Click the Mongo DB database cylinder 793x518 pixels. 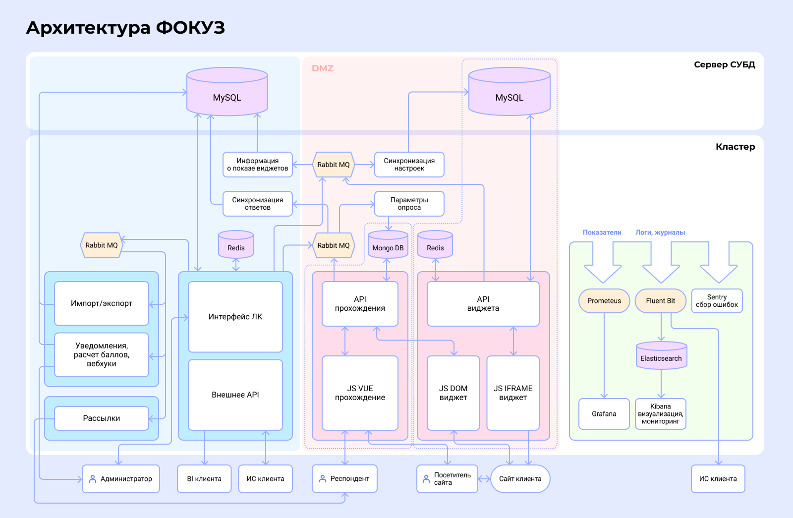point(388,245)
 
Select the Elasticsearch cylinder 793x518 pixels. point(661,356)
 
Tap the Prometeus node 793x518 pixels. point(604,301)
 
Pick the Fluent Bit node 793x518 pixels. point(660,301)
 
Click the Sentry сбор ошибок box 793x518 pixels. point(717,301)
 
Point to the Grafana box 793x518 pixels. point(604,414)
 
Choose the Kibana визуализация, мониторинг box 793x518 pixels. point(661,414)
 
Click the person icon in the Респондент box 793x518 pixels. point(323,479)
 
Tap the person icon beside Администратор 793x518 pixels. point(93,479)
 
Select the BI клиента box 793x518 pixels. point(204,479)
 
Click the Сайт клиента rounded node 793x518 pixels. point(520,479)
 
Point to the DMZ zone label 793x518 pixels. point(323,68)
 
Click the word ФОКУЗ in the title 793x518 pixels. point(190,28)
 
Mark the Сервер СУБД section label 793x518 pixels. point(724,65)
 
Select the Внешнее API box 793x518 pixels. point(235,395)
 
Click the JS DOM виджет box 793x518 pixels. point(453,393)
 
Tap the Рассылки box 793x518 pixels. point(102,418)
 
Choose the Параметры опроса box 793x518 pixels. point(409,204)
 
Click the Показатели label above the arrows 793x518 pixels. point(602,232)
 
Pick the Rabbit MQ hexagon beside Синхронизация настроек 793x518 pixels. point(334,165)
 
